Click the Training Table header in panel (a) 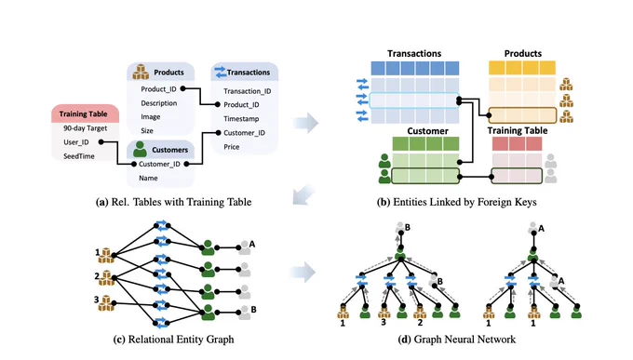point(83,113)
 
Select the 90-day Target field point(86,128)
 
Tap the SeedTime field point(79,156)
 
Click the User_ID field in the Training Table point(76,142)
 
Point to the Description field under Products point(158,103)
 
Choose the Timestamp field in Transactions point(241,119)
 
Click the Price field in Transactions point(231,147)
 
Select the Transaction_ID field point(247,91)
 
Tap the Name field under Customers point(148,178)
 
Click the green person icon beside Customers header point(140,150)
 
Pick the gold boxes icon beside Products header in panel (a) point(141,73)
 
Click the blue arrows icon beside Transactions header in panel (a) point(220,73)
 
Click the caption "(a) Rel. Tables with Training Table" point(173,202)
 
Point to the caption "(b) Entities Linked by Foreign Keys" point(456,202)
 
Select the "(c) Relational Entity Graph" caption point(173,340)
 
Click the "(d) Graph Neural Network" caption point(456,340)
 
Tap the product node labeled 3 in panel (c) point(106,303)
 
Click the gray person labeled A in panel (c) point(244,247)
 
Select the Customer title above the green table point(427,131)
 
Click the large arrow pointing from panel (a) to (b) point(306,122)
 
